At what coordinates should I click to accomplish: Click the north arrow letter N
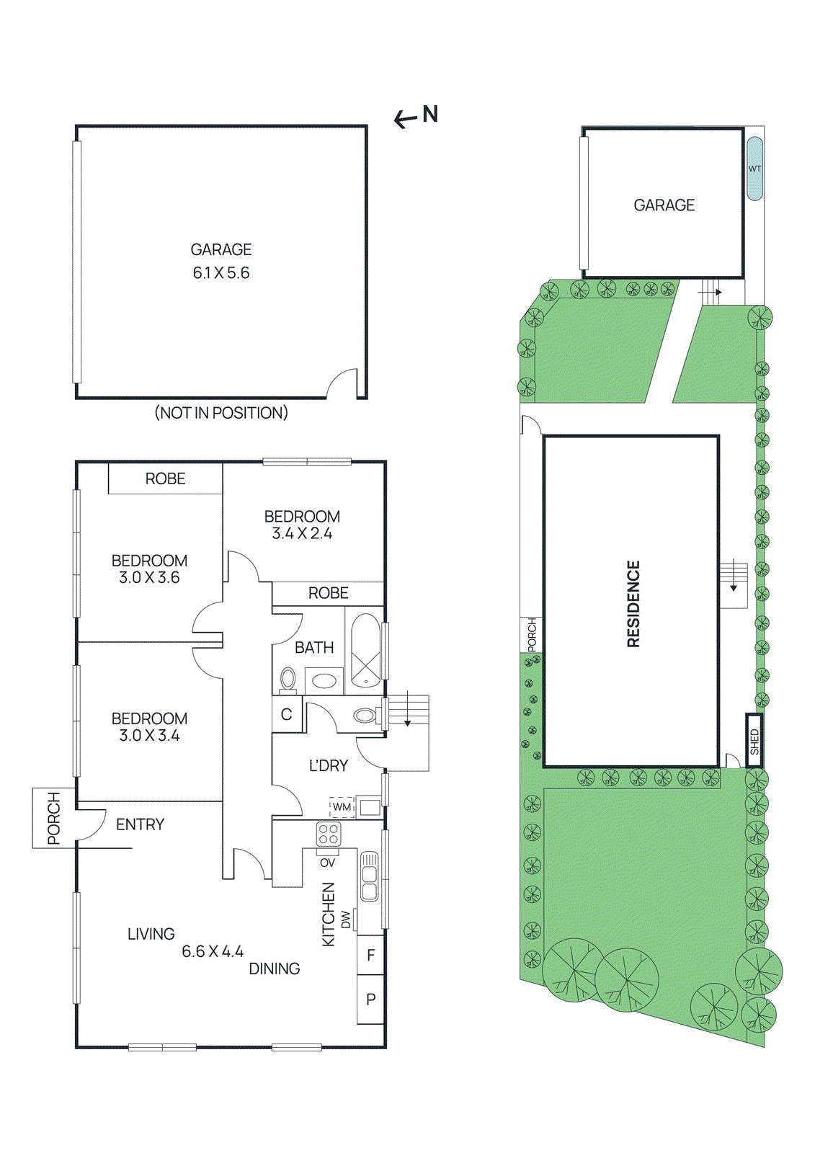(430, 114)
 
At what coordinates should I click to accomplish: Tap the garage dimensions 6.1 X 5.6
(221, 273)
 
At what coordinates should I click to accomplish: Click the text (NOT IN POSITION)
(221, 413)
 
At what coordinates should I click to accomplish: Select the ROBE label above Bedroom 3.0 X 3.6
(165, 478)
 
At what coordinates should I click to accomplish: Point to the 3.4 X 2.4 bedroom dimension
(302, 534)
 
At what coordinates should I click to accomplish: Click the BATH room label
(314, 648)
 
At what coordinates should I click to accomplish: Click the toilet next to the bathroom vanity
(288, 679)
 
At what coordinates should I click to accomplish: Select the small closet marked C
(287, 714)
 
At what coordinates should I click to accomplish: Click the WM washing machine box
(342, 807)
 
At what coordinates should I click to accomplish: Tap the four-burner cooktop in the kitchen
(329, 834)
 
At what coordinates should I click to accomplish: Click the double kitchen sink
(369, 876)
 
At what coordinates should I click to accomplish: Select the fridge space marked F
(371, 956)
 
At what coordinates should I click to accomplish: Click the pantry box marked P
(371, 1000)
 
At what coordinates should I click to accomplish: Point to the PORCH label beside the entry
(53, 818)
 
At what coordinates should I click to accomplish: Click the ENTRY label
(140, 824)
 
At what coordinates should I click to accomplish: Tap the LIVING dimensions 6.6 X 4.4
(213, 952)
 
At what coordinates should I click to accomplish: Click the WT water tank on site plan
(754, 169)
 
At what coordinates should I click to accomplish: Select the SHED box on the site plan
(754, 741)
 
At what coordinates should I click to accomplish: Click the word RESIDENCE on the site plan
(633, 604)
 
